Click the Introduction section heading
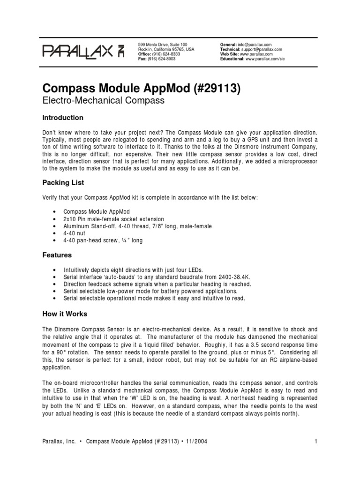(x=63, y=118)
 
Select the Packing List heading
(x=63, y=182)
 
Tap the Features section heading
(x=57, y=255)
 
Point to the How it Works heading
(x=65, y=314)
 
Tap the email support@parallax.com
(x=265, y=49)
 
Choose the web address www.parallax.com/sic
(x=268, y=59)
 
